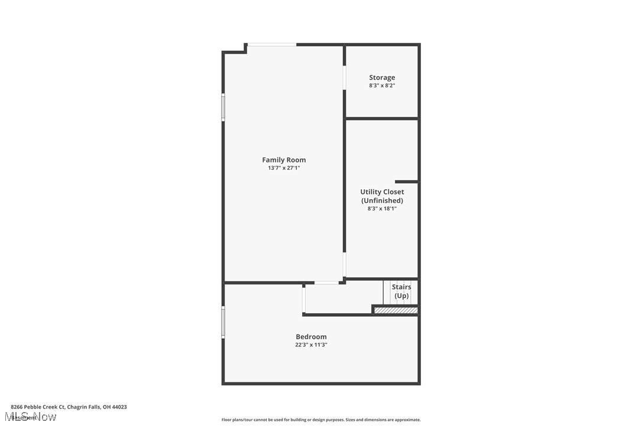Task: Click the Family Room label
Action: coord(284,160)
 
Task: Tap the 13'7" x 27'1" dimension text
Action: coord(284,168)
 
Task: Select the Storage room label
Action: coord(382,77)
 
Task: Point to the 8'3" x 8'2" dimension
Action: coord(382,86)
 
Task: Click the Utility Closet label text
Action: coord(382,192)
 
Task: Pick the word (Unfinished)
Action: coord(382,200)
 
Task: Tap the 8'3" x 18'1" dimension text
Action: coord(382,208)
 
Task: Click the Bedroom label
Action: coord(311,337)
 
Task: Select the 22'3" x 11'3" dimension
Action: coord(311,345)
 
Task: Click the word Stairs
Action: coord(401,287)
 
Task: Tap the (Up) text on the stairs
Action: coord(401,296)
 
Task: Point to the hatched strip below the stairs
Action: coord(396,310)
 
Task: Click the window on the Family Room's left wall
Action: coord(223,107)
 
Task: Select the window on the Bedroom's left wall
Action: coord(223,322)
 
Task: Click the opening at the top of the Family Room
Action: coord(271,44)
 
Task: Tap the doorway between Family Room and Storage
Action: coord(344,77)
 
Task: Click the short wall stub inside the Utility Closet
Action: coord(406,181)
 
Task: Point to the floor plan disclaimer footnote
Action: coord(321,420)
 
